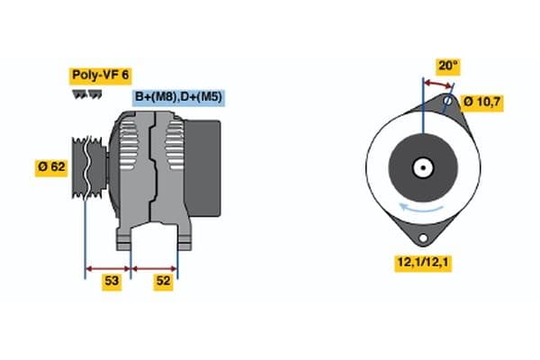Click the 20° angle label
coord(447,65)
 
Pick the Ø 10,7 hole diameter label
coord(482,102)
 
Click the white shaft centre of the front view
coord(421,167)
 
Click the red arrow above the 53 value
coord(108,267)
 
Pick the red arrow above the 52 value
coord(155,267)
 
